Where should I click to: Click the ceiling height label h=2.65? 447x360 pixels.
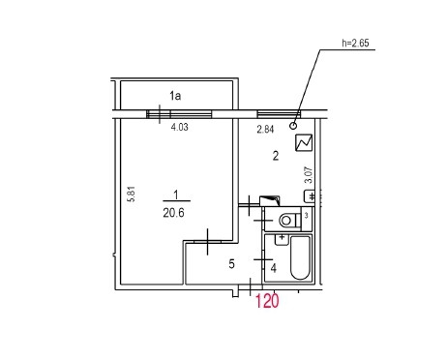click(x=355, y=43)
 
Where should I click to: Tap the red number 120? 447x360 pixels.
click(x=267, y=301)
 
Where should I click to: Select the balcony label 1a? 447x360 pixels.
click(x=175, y=96)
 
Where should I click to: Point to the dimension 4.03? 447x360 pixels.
click(x=179, y=127)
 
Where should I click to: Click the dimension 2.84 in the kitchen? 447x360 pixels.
click(x=265, y=130)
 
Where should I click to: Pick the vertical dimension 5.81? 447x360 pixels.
click(x=132, y=194)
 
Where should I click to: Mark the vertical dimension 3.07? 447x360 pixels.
click(x=309, y=175)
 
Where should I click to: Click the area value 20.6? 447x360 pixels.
click(x=173, y=213)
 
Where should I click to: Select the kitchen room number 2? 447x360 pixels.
click(x=276, y=156)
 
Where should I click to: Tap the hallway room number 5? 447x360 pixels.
click(x=231, y=264)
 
